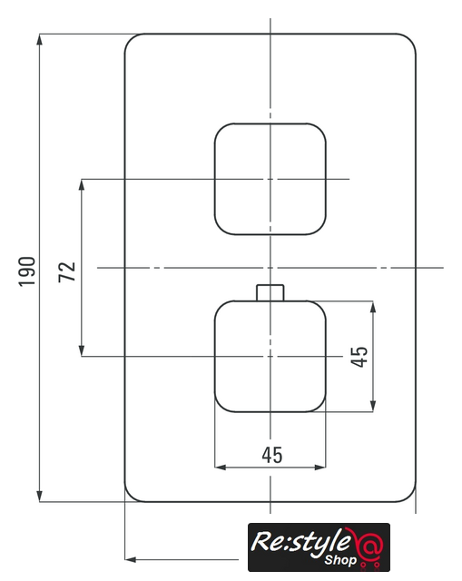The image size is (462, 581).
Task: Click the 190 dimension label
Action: tap(27, 271)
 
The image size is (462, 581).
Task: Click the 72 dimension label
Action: tap(67, 272)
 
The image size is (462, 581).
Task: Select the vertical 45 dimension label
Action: tap(359, 357)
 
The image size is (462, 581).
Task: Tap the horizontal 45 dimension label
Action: tap(272, 455)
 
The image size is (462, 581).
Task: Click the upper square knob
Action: tap(270, 179)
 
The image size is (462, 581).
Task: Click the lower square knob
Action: tap(270, 356)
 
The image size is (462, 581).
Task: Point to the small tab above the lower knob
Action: tap(270, 292)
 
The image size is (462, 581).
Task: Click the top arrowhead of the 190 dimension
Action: tap(40, 40)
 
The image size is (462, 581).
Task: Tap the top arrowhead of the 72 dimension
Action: tap(82, 185)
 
